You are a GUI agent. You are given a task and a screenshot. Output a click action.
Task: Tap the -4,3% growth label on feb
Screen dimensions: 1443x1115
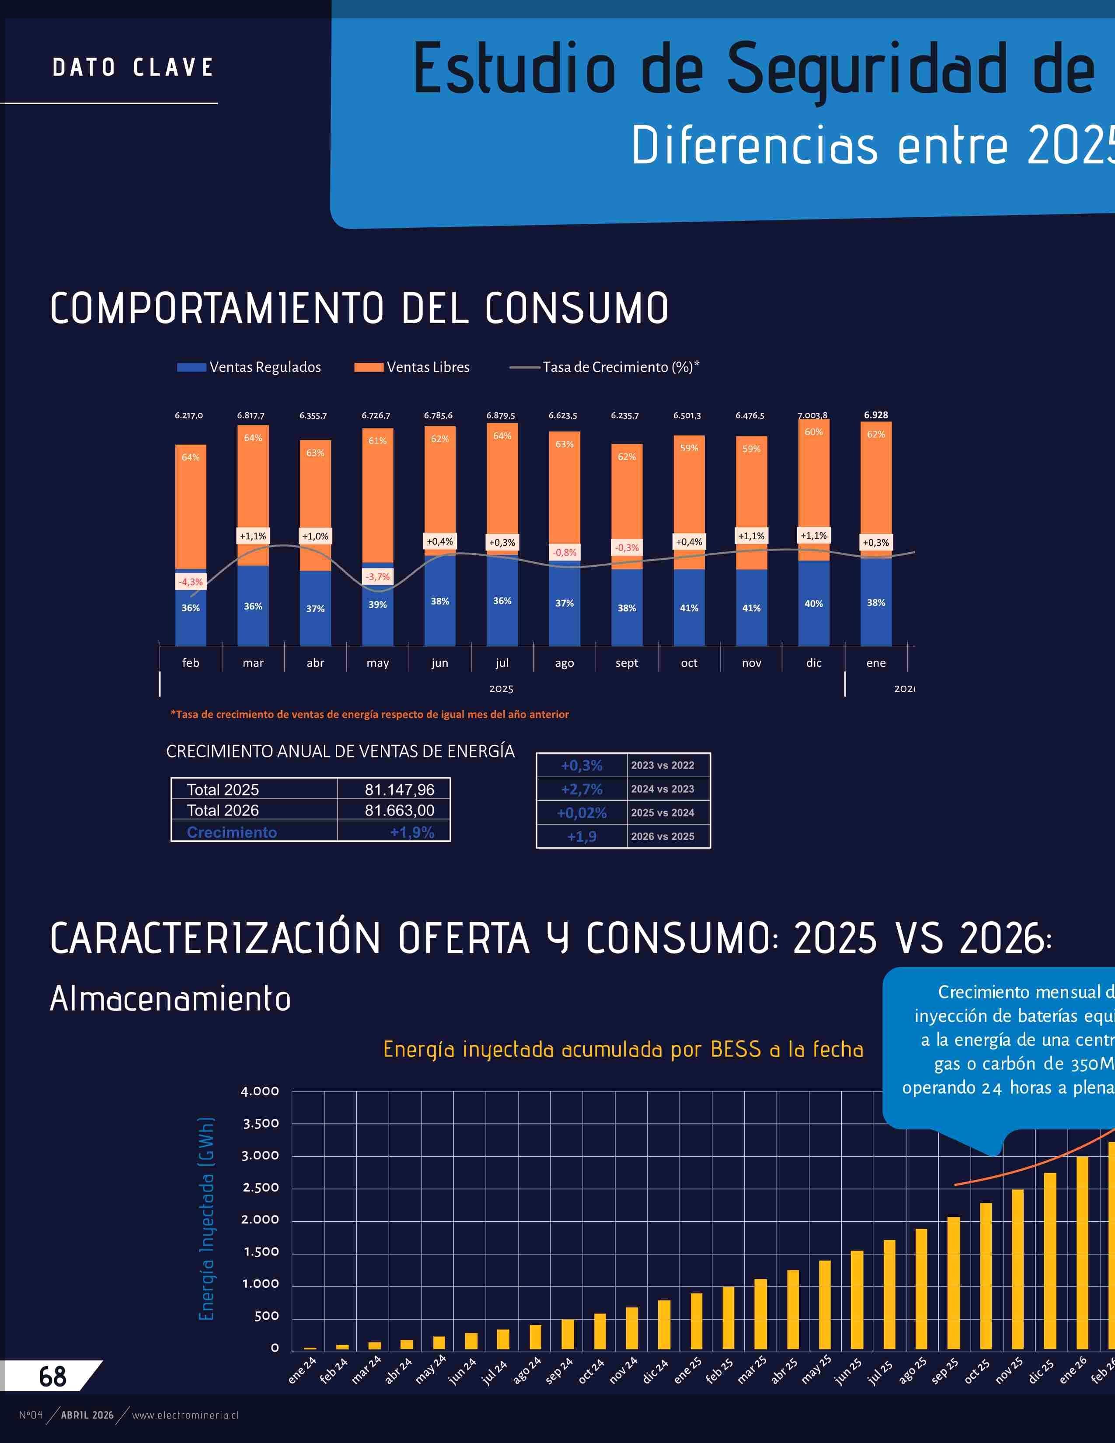point(191,582)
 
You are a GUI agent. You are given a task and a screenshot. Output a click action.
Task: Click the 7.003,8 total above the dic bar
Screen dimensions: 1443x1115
point(812,415)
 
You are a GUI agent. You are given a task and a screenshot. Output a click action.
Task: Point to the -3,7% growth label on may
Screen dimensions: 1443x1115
point(378,577)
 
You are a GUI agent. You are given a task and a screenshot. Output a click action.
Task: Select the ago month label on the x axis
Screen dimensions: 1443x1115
point(564,663)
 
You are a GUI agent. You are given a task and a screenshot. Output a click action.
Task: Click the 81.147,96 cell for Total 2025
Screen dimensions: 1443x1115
point(399,790)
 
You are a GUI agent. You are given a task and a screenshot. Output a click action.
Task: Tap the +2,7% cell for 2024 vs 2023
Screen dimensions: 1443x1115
point(581,789)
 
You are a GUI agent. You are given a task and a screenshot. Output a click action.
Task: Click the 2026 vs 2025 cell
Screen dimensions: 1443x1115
point(662,837)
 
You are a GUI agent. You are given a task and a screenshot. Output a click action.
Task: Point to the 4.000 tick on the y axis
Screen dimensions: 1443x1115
point(260,1091)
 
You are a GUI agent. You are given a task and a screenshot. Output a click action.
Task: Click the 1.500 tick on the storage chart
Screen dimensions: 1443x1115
point(260,1252)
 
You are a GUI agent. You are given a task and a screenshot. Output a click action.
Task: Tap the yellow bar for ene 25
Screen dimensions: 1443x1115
point(696,1321)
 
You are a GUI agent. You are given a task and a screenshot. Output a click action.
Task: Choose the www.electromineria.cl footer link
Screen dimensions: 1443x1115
point(185,1415)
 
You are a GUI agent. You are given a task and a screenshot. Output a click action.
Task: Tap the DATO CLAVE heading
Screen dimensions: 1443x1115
point(133,67)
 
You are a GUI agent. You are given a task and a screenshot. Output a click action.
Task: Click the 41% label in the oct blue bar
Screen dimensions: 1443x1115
point(689,608)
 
